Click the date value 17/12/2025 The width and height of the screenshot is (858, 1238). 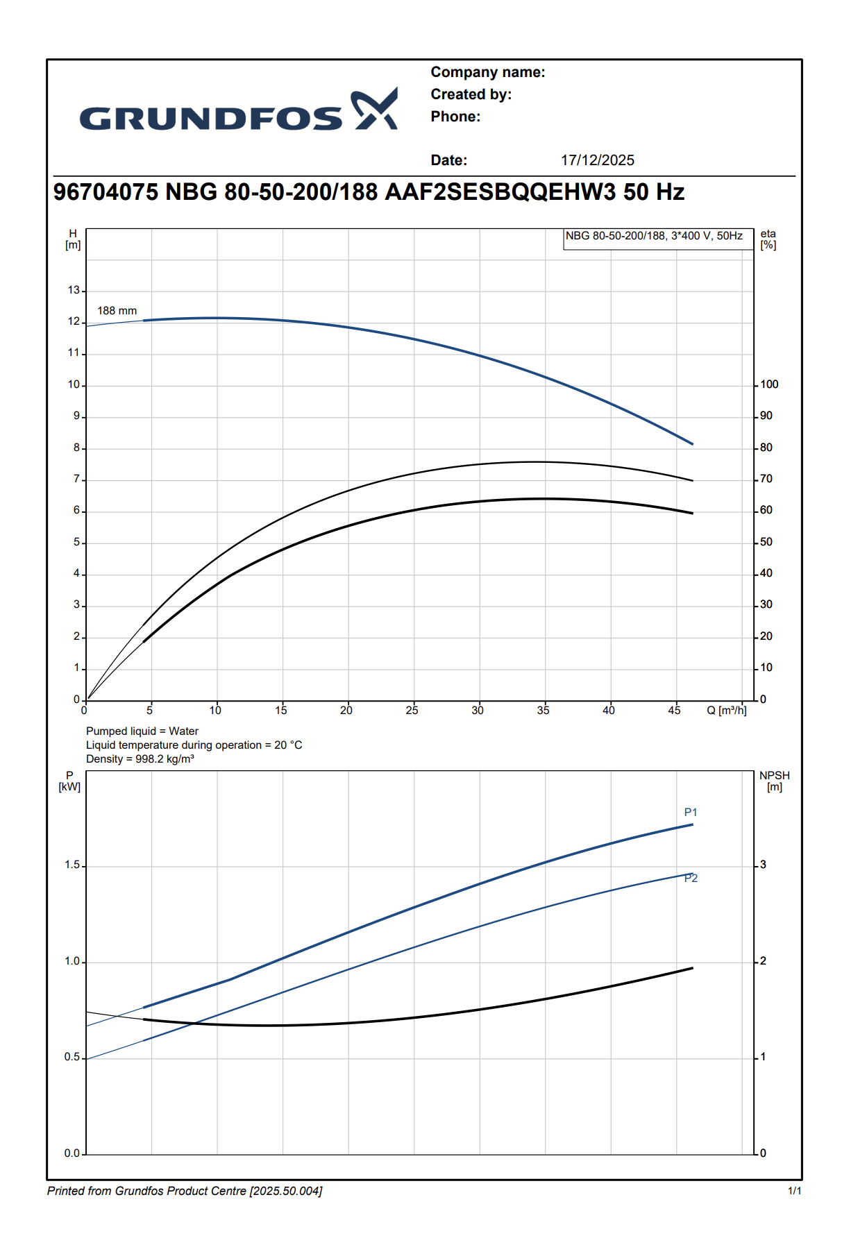pos(597,160)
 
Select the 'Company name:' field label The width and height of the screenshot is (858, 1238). pos(487,72)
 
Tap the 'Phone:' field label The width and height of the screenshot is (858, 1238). pos(455,117)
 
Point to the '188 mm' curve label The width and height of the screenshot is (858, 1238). pos(117,311)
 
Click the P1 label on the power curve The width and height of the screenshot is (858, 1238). pos(690,813)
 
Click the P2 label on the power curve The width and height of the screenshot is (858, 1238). pos(691,879)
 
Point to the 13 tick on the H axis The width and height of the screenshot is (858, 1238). pos(74,290)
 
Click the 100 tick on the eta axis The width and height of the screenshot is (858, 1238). pos(769,384)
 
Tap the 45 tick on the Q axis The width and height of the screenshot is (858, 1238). pos(674,711)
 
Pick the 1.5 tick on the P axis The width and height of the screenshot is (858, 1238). pos(72,865)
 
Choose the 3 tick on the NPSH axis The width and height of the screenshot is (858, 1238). pos(763,865)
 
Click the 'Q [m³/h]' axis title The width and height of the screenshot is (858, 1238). pos(726,711)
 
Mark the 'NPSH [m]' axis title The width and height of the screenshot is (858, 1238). pos(774,781)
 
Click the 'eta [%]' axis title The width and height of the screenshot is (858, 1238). pos(768,239)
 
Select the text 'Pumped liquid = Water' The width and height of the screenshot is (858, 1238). pos(142,731)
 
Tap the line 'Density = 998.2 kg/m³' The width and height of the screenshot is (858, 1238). pos(140,759)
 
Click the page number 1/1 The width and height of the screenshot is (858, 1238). pos(794,1191)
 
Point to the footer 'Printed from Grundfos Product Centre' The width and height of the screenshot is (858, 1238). pos(185,1191)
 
